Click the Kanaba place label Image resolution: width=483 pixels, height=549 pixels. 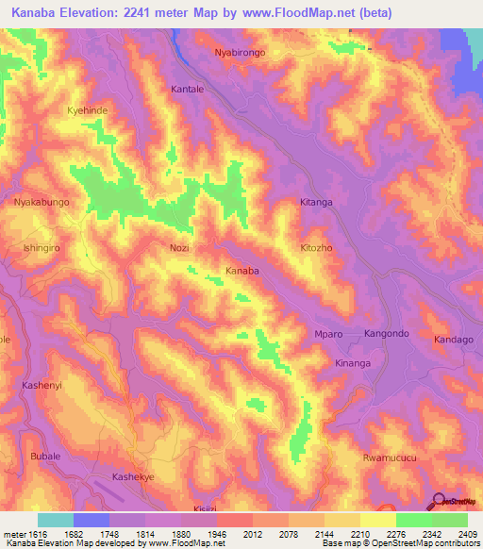[x=241, y=271]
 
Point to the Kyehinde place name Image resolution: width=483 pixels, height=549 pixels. [x=87, y=110]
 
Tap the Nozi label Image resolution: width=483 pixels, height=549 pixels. [x=179, y=247]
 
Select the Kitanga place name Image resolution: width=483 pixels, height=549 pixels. [x=317, y=202]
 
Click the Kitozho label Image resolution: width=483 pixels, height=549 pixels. [x=317, y=247]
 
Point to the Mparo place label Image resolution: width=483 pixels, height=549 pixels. [x=327, y=335]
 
